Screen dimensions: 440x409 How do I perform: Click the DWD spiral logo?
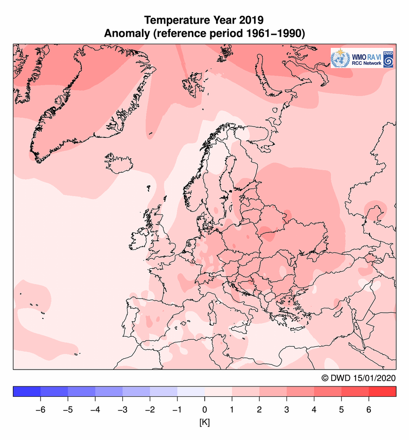[x=388, y=61]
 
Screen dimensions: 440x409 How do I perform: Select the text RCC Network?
[x=366, y=63]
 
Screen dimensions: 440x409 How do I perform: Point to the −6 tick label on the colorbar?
[x=39, y=410]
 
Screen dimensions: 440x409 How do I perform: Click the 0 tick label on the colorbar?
[x=205, y=410]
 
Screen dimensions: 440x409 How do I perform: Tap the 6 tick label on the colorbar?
[x=369, y=410]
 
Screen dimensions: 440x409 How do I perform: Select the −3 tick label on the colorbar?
[x=121, y=410]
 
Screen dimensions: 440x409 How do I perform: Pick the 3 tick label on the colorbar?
[x=287, y=410]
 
